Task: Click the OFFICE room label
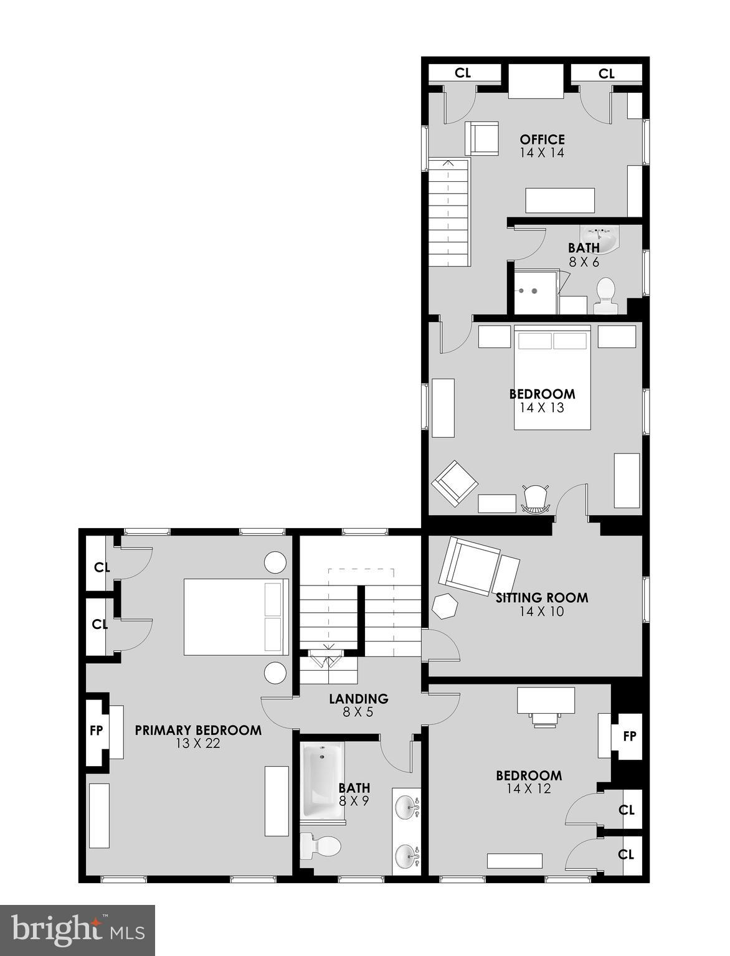coord(542,140)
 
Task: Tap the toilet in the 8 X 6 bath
coord(605,296)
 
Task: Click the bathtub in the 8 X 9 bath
coord(323,782)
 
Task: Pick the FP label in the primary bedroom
coord(95,731)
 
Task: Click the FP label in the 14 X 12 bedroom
coord(629,736)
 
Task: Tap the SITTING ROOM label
coord(541,598)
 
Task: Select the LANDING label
coord(358,699)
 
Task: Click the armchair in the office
coord(481,138)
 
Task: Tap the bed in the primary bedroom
coord(236,617)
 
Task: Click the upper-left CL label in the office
coord(462,73)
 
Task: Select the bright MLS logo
coord(77,930)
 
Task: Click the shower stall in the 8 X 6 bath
coord(534,291)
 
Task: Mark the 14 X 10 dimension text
coord(541,612)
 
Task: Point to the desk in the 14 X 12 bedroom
coord(546,701)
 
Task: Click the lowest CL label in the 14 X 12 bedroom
coord(626,854)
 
